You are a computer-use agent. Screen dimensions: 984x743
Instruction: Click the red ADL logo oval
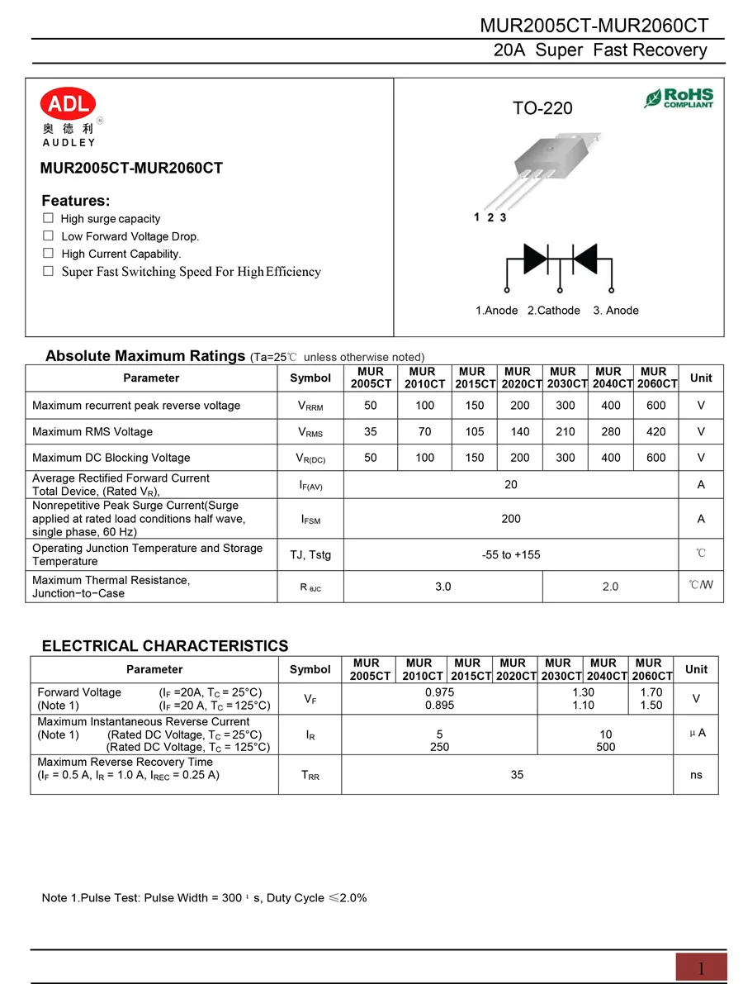coord(69,103)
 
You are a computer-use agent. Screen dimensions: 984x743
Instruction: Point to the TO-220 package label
coord(542,108)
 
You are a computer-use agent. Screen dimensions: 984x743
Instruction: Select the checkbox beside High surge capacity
coord(48,218)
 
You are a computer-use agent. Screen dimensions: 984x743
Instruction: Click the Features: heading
coord(76,201)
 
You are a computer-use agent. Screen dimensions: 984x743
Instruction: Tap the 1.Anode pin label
coord(497,311)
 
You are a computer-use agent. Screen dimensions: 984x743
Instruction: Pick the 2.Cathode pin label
coord(554,311)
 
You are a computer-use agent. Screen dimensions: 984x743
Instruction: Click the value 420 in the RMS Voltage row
coord(655,431)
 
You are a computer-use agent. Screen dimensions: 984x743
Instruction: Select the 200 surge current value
coord(511,518)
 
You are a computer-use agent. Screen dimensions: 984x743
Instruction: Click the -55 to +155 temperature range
coord(511,554)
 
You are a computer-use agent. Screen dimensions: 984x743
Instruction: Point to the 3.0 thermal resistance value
coord(443,587)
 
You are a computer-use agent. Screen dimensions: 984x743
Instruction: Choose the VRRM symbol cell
coord(310,406)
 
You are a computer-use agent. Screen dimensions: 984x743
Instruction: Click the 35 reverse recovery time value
coord(517,775)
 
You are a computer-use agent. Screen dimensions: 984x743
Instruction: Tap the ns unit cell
coord(696,775)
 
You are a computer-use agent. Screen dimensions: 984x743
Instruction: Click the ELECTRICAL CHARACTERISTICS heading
coord(165,646)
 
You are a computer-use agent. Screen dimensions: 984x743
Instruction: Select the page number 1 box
coord(701,967)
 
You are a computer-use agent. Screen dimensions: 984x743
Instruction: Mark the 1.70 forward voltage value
coord(651,692)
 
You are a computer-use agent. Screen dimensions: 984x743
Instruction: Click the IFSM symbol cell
coord(310,519)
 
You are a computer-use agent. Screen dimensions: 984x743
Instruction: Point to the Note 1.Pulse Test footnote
coord(204,897)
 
